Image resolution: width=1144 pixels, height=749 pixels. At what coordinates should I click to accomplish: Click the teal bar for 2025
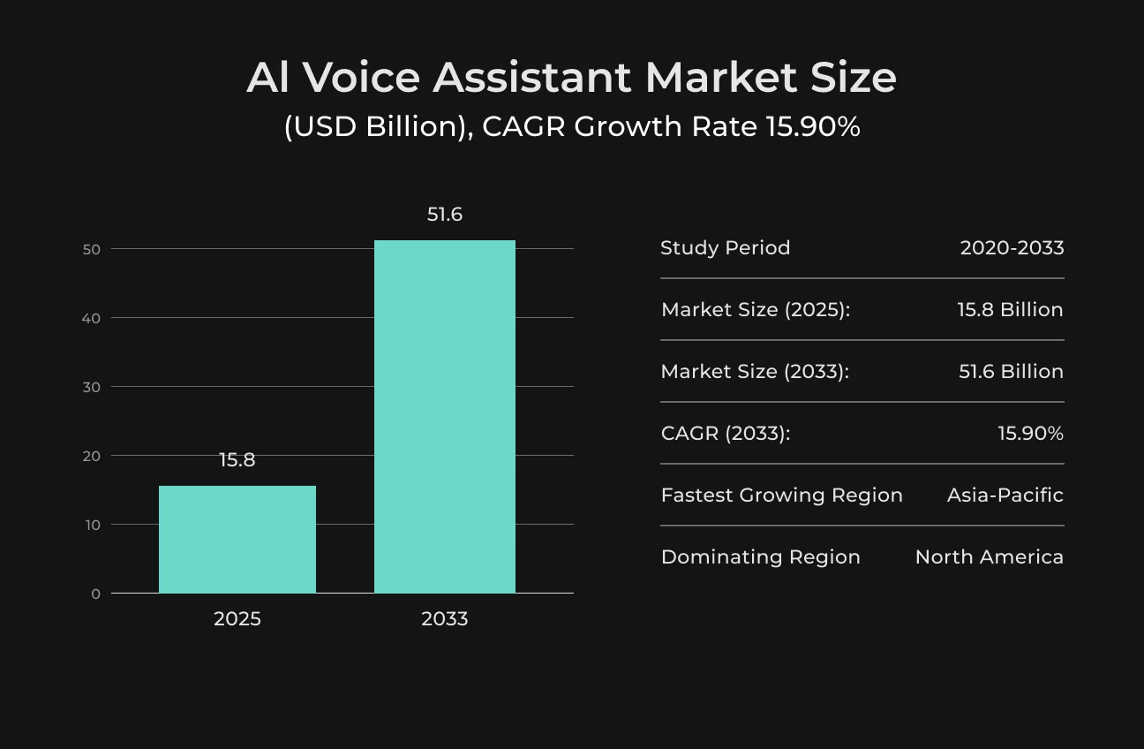237,539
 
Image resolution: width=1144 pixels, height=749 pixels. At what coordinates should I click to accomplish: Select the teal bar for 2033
445,416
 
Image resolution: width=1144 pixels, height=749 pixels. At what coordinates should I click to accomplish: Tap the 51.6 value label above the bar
445,215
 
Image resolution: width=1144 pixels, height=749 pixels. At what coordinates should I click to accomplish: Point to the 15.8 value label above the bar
237,460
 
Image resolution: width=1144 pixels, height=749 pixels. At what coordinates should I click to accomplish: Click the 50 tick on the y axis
92,249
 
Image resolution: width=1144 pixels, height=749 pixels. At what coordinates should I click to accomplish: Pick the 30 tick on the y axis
92,387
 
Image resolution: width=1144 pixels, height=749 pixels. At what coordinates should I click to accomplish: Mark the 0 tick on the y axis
95,594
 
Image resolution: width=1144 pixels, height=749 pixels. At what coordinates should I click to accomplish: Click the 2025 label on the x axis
237,618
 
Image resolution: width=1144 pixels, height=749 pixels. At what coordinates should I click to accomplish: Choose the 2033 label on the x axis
445,618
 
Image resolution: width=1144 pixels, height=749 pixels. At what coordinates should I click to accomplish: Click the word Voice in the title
362,78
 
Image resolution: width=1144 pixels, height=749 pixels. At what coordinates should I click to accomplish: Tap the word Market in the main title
721,78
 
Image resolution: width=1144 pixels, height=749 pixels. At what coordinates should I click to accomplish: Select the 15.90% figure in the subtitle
814,126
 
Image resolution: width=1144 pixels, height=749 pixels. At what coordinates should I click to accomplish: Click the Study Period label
726,248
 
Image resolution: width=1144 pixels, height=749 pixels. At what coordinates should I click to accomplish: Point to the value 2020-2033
1012,248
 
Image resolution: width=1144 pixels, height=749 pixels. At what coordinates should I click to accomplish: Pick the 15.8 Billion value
1010,310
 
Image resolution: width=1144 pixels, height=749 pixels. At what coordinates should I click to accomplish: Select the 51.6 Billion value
1012,372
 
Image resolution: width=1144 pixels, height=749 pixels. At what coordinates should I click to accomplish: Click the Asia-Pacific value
1005,496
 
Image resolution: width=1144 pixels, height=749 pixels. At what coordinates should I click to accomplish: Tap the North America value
990,557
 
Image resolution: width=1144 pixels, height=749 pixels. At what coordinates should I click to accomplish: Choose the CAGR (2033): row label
726,434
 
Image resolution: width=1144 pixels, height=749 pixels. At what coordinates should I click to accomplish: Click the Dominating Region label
760,557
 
